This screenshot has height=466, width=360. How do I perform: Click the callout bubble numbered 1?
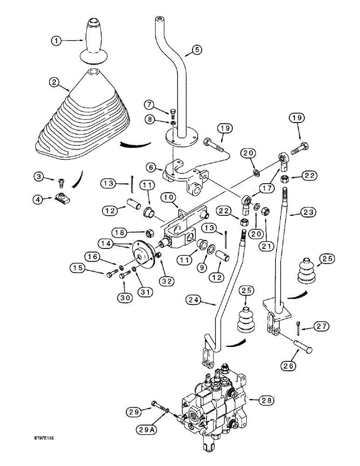coord(57,41)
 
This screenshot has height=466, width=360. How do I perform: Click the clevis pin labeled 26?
coord(297,346)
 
